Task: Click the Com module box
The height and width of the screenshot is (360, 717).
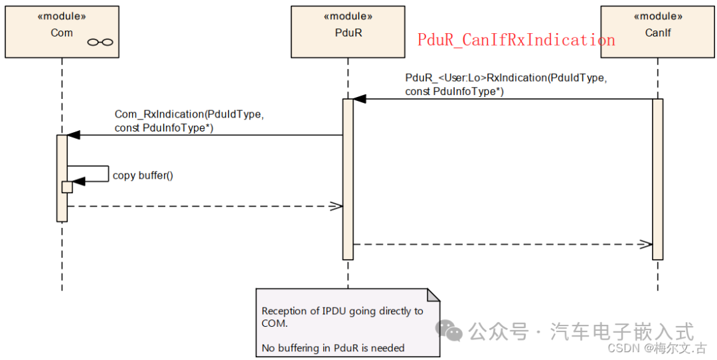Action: [62, 31]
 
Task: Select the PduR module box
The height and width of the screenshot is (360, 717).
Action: [348, 31]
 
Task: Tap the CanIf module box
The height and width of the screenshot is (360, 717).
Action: [657, 31]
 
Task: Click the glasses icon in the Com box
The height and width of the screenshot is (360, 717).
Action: [100, 43]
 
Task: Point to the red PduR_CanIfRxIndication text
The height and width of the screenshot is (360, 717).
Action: [516, 40]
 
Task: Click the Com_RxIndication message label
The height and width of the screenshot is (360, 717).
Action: [189, 121]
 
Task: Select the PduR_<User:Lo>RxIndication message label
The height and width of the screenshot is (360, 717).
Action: [505, 84]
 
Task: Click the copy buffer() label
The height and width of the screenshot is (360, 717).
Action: [143, 175]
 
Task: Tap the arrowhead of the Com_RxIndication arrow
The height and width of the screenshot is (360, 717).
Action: [73, 135]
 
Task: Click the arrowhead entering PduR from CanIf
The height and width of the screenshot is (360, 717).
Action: [359, 99]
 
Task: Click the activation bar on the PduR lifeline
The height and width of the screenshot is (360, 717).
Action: [348, 179]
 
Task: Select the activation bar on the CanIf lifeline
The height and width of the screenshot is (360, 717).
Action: [657, 179]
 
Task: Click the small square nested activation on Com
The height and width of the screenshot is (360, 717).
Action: [67, 187]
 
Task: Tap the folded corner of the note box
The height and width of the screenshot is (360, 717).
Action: [433, 295]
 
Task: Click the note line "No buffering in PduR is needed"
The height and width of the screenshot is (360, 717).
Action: [333, 348]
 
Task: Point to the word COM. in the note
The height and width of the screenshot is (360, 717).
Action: [275, 323]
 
